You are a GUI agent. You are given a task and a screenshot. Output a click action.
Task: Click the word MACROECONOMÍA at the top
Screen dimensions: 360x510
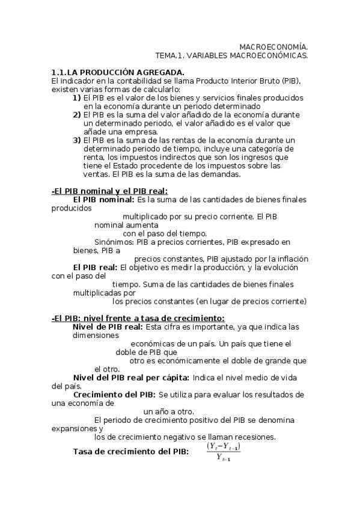click(273, 46)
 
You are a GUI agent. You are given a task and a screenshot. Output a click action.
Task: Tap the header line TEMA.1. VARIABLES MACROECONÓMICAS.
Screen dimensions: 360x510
click(231, 55)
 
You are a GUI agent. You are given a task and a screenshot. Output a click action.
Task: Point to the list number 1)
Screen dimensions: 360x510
click(77, 97)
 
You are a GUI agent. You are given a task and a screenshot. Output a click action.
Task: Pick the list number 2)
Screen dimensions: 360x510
click(77, 115)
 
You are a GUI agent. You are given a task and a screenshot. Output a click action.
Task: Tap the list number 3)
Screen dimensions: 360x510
click(77, 141)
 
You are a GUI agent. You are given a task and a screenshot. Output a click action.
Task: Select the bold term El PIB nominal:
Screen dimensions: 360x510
click(104, 200)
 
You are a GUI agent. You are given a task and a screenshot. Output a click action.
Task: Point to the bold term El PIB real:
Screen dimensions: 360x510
click(96, 267)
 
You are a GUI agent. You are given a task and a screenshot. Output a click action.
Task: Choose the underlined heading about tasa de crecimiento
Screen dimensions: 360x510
click(138, 318)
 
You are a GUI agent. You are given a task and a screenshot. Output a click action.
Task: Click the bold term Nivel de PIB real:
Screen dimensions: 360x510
click(108, 327)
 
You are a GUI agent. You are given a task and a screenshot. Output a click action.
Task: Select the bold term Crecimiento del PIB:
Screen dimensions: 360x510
click(115, 395)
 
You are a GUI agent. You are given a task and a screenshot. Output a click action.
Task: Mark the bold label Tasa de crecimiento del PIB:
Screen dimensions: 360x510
click(130, 452)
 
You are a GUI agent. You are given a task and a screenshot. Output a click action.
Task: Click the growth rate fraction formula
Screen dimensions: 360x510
click(224, 452)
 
